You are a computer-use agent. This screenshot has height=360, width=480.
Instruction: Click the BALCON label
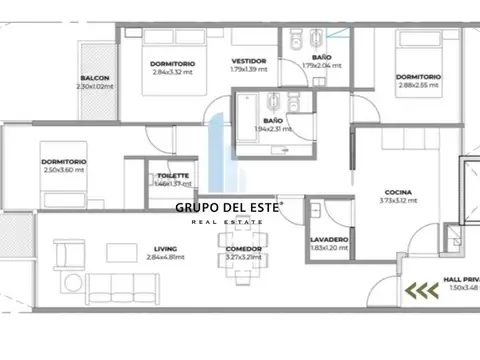(96, 79)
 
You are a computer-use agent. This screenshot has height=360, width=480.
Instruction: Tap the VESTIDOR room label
(248, 61)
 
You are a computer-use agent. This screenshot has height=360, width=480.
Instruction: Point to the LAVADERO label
(329, 239)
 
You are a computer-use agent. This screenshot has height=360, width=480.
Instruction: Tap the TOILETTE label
(166, 176)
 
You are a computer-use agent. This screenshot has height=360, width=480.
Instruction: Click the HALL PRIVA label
(460, 280)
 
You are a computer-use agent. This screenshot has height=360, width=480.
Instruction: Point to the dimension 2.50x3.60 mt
(65, 170)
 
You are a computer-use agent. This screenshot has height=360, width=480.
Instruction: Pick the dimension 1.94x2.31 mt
(273, 101)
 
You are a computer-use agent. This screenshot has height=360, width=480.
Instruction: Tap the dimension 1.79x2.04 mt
(322, 66)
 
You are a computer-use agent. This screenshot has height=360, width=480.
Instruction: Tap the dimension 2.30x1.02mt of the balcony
(96, 87)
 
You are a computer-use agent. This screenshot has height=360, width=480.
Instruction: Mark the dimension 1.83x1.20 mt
(329, 247)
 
